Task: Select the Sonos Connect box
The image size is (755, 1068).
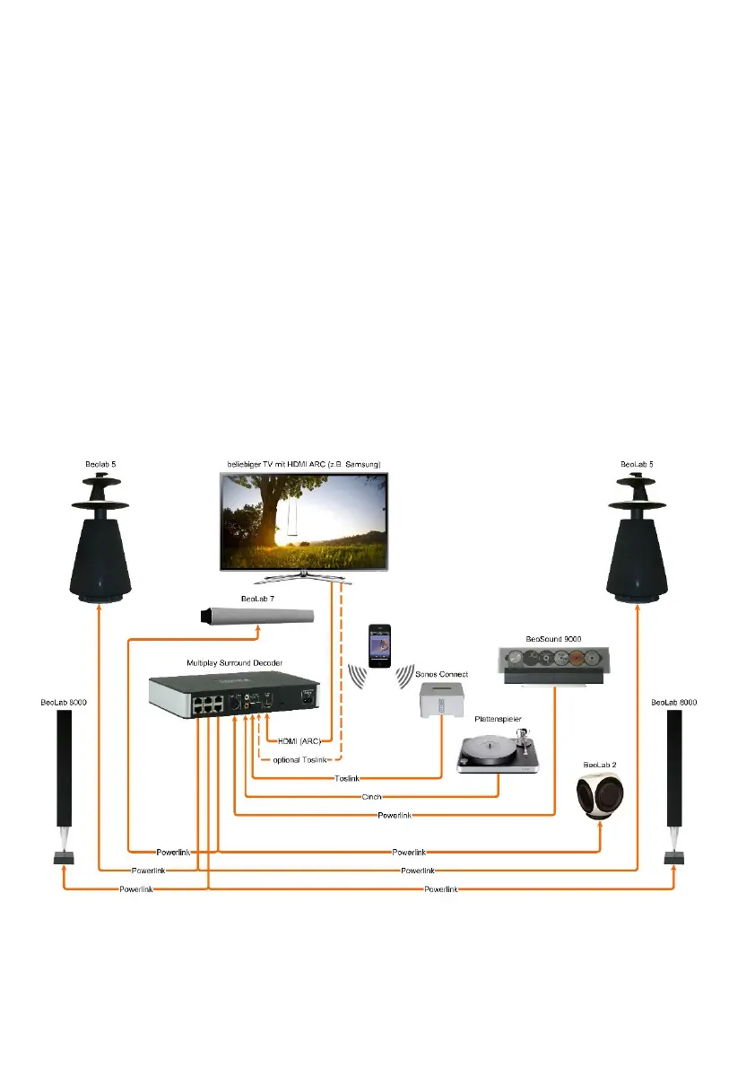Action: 442,699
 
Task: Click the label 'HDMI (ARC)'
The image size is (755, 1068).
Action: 299,740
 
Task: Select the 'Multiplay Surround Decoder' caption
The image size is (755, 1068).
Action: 235,662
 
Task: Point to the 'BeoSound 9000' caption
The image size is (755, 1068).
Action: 552,638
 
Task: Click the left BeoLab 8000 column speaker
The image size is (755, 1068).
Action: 64,772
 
